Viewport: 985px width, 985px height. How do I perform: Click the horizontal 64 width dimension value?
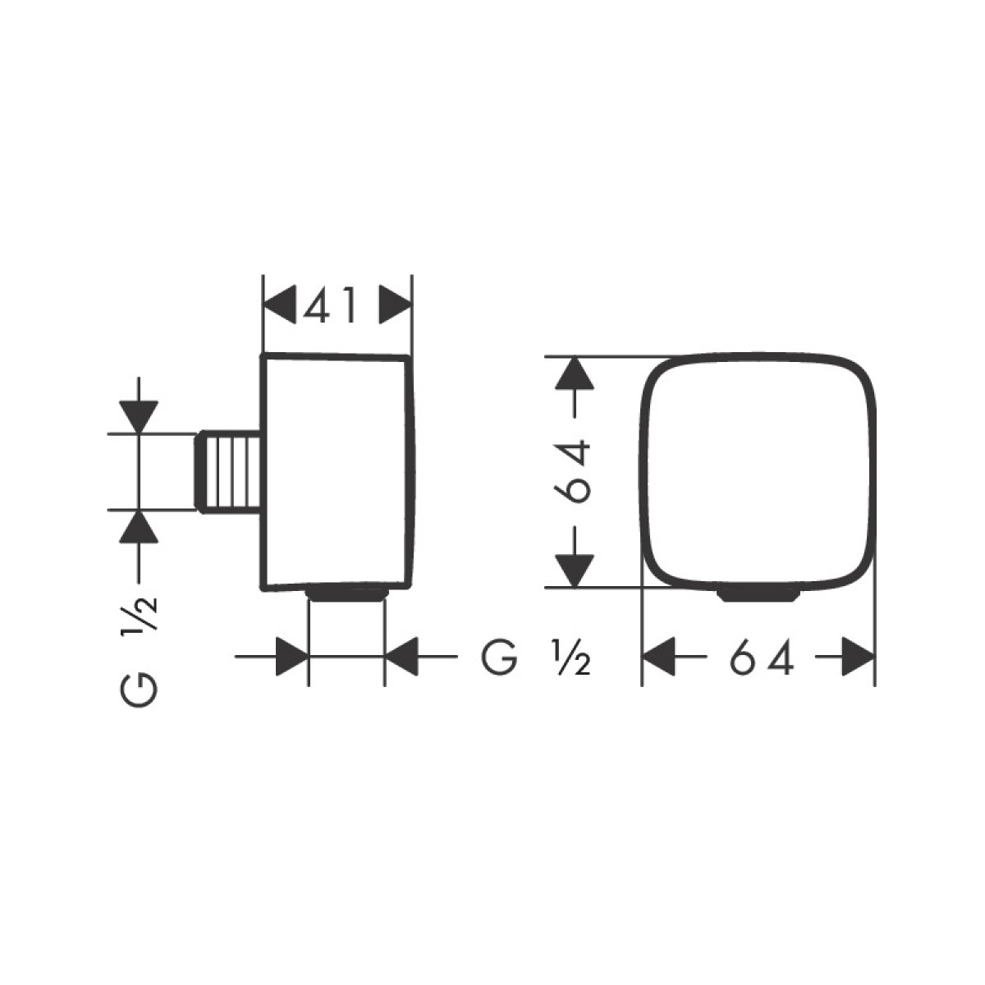[x=761, y=657]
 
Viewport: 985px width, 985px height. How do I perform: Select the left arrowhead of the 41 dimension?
[x=279, y=305]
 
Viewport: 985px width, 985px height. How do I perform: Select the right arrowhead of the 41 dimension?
[x=395, y=305]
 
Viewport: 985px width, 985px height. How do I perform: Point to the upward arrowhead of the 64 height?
[x=575, y=373]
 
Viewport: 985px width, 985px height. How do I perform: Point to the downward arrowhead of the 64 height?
[x=575, y=570]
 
